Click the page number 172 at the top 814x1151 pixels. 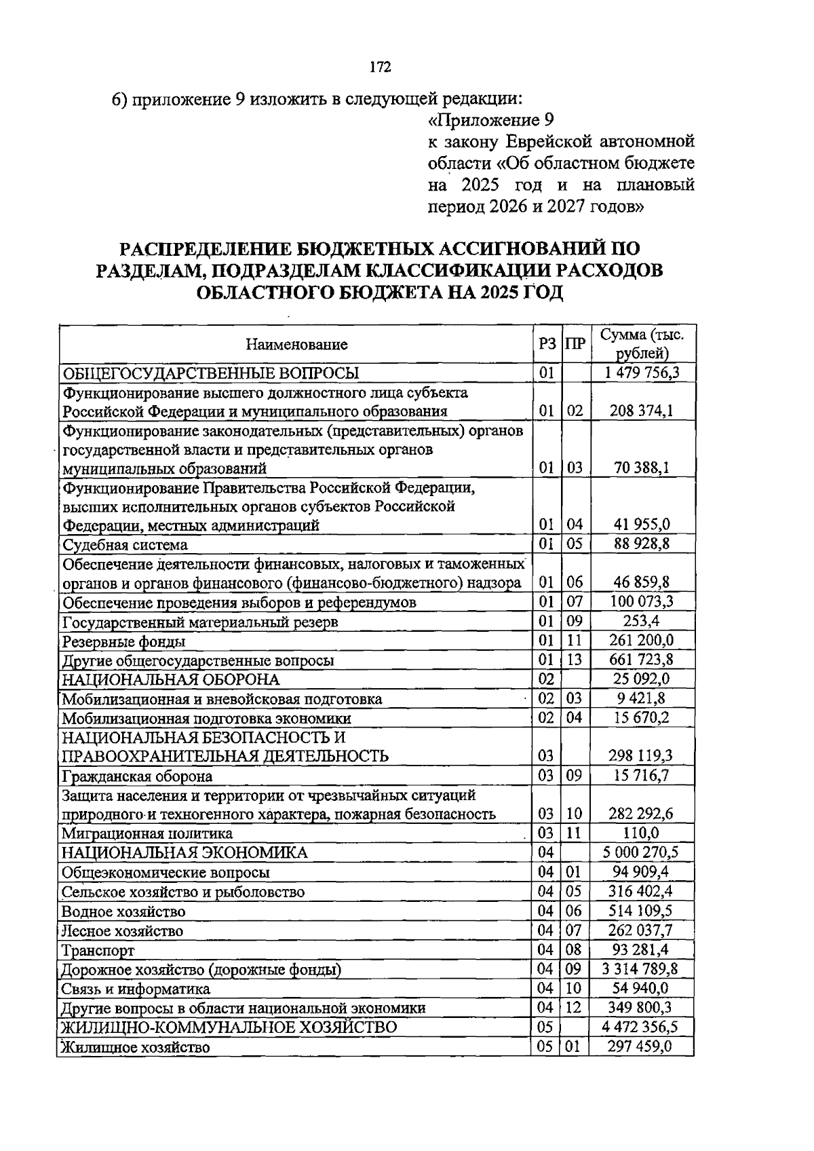click(x=381, y=67)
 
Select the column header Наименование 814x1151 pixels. click(x=296, y=345)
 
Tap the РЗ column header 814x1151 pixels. click(x=547, y=344)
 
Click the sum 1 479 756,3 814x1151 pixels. click(x=641, y=373)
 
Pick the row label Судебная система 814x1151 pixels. click(x=125, y=545)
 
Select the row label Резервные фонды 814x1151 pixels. click(x=123, y=641)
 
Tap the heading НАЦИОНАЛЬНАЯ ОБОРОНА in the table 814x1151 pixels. click(x=171, y=679)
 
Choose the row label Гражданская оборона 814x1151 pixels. click(x=137, y=776)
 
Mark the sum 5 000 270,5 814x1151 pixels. click(x=641, y=852)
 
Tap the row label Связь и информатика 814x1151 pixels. click(x=136, y=989)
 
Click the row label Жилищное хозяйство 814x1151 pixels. click(x=136, y=1047)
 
